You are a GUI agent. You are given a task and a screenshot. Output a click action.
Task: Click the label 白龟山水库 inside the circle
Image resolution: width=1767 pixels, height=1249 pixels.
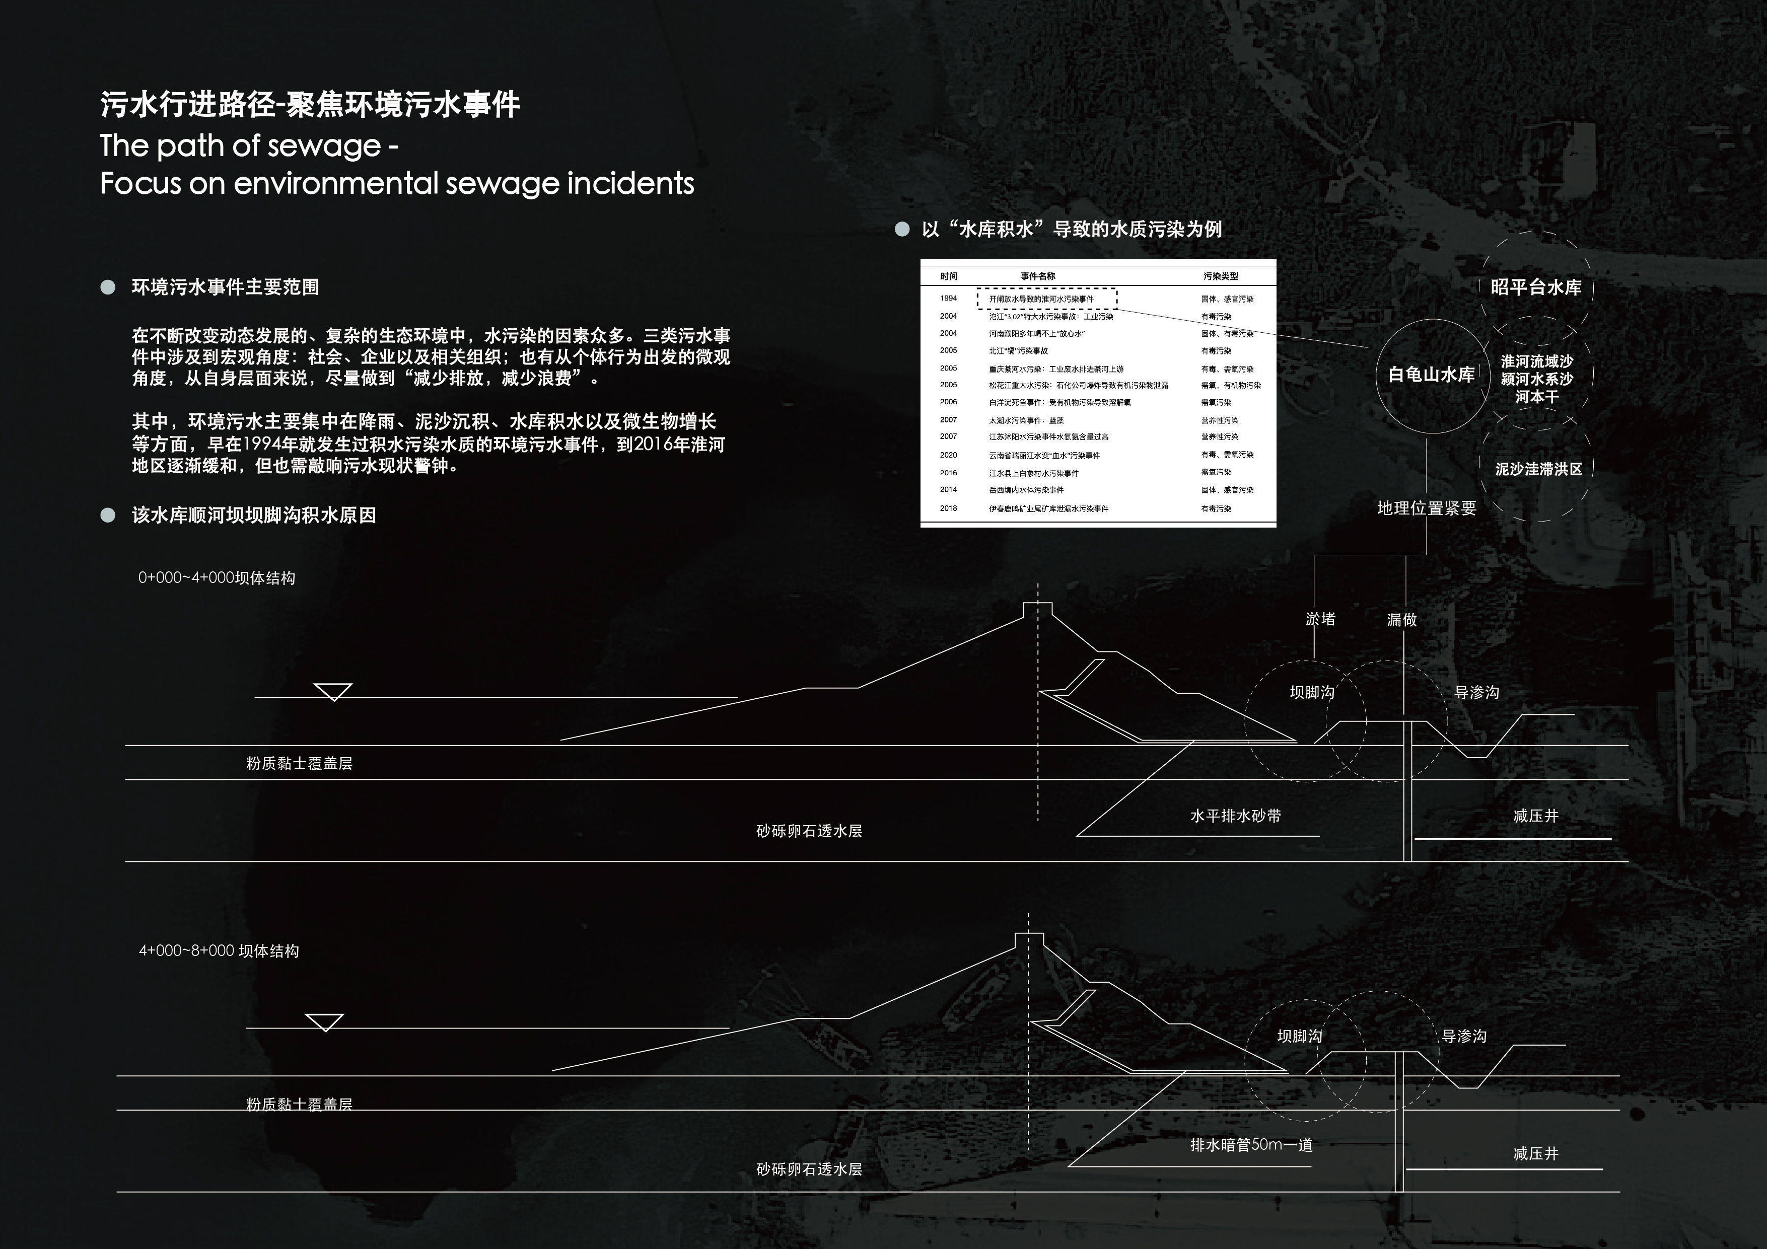[x=1431, y=375]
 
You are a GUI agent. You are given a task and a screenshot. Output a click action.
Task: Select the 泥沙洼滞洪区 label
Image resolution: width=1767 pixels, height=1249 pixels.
[x=1538, y=469]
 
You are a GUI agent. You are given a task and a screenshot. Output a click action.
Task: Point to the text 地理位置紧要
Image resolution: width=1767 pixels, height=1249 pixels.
[x=1426, y=508]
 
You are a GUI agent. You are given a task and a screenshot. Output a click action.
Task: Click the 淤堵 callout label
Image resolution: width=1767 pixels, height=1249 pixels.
[x=1321, y=619]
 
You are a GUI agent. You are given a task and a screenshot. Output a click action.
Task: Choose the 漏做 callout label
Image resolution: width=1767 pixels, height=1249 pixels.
[x=1401, y=620]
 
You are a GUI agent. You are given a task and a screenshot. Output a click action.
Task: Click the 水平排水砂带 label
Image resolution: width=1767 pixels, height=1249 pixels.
[x=1235, y=816]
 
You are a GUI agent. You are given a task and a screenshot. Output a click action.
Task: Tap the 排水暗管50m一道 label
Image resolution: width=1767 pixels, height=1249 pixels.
[x=1251, y=1145]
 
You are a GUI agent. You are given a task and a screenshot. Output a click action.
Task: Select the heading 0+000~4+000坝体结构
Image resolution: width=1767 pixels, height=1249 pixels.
[x=216, y=578]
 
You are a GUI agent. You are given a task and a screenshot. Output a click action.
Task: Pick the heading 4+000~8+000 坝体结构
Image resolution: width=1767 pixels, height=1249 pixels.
[x=219, y=950]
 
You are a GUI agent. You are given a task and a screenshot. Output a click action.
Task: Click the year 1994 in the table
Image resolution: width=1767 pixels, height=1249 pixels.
[x=948, y=299]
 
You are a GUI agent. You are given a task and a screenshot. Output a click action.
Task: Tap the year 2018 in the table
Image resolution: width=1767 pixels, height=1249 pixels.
[x=948, y=508]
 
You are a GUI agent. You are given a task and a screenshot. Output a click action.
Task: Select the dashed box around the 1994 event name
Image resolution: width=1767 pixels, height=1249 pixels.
[x=1047, y=299]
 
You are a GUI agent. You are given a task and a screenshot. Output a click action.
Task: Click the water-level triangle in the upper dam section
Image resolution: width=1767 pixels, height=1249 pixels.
[x=333, y=691]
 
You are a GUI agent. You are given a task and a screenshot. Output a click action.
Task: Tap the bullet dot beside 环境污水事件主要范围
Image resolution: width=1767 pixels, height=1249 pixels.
[x=108, y=287]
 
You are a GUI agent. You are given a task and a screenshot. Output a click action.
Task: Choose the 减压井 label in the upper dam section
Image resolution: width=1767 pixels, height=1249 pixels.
[x=1535, y=816]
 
